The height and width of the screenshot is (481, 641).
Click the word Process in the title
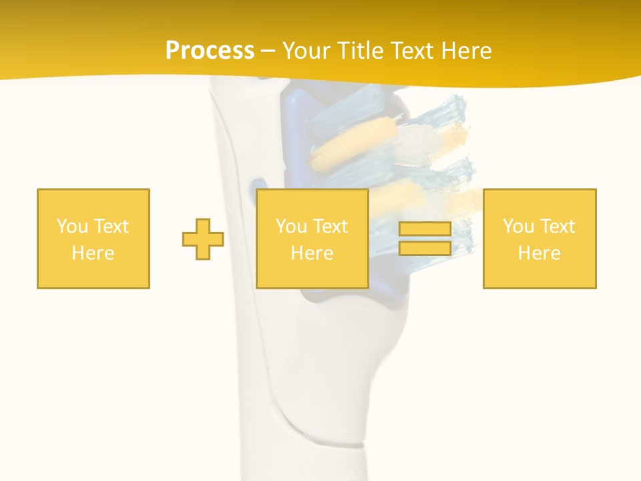(210, 51)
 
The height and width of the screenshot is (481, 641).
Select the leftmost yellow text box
(93, 238)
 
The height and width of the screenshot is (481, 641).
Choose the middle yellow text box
(312, 238)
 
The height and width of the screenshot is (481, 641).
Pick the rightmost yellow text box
(540, 238)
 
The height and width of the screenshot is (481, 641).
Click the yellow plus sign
(203, 238)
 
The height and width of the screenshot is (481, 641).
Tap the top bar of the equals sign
(425, 229)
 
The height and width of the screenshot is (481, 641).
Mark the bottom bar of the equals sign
(425, 248)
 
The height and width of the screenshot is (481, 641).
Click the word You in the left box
(72, 226)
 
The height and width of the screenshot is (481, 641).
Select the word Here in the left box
(93, 253)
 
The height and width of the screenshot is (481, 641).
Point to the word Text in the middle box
(331, 226)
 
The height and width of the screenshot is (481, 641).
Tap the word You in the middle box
(291, 226)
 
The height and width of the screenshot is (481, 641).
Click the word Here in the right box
(540, 253)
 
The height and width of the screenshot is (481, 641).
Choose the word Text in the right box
(558, 226)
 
